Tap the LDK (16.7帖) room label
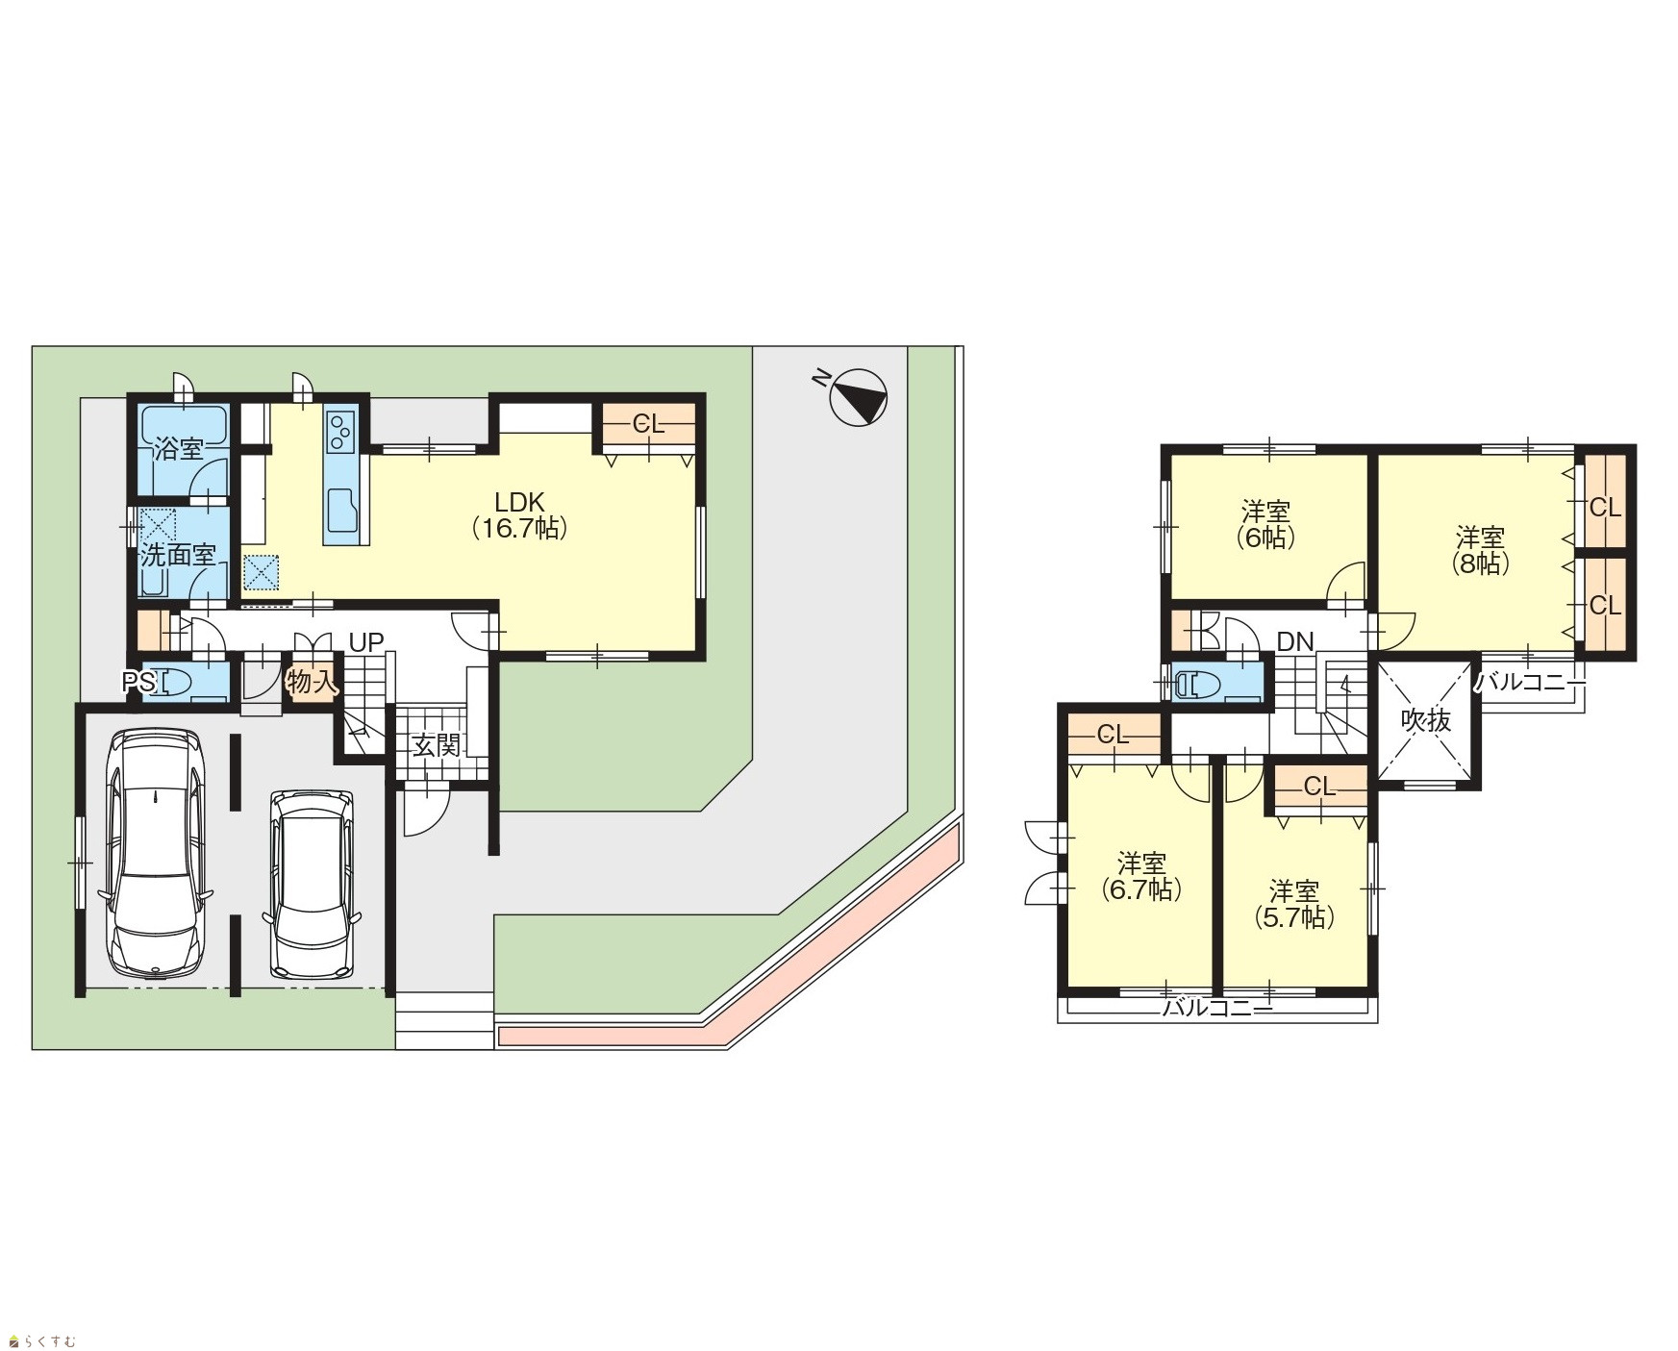click(519, 515)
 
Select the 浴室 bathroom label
click(179, 449)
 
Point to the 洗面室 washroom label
click(178, 555)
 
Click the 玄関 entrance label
click(437, 744)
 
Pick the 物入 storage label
click(312, 683)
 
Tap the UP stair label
click(366, 642)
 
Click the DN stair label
click(1295, 642)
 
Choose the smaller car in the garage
click(313, 884)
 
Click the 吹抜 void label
click(1425, 719)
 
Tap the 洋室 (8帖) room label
click(1480, 549)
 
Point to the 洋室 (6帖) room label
click(1265, 524)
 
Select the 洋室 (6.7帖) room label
click(1141, 876)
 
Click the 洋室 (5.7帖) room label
click(1293, 904)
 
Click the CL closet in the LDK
click(649, 424)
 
